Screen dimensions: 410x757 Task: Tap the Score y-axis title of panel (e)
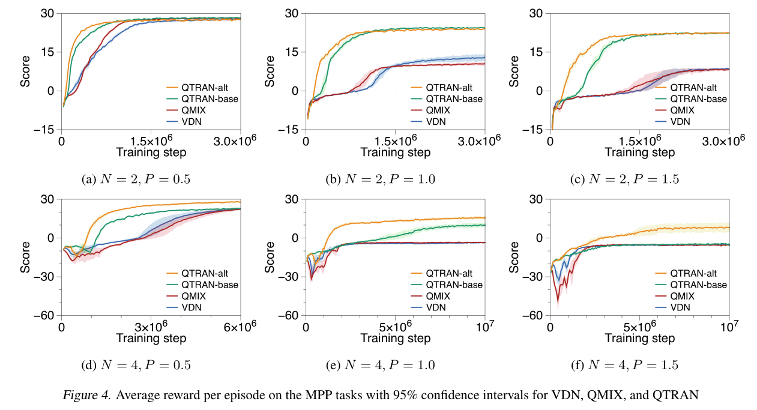270,257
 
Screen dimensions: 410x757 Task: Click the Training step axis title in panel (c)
639,152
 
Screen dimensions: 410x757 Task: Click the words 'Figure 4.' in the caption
82,394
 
